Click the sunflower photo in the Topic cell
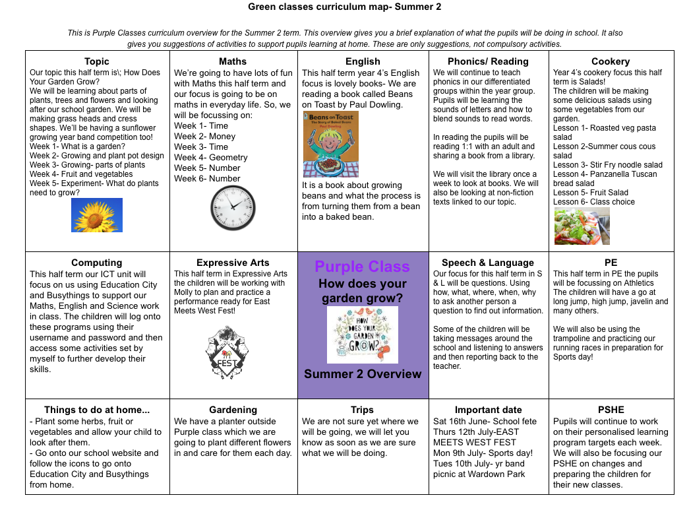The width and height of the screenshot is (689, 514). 97,215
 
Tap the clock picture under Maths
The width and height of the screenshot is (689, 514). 233,208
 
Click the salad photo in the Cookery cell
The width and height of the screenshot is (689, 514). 582,226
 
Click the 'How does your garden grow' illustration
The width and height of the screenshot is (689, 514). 362,335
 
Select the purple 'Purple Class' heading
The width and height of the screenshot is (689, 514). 362,267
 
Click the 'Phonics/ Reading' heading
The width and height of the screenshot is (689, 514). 488,61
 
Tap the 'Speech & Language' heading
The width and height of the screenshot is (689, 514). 488,263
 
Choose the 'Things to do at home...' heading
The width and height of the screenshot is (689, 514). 97,410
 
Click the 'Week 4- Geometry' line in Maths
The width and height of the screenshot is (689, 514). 211,158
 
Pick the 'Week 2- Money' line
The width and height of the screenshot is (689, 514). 205,137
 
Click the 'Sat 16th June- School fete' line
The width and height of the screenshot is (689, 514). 485,422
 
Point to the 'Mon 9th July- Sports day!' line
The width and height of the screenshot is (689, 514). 483,453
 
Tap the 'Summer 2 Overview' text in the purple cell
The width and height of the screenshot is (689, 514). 363,374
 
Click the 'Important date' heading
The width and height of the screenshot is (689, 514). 488,410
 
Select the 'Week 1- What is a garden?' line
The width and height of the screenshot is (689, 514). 77,146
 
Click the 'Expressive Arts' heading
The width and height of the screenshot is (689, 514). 233,263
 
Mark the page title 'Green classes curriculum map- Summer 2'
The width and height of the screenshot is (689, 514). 345,7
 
